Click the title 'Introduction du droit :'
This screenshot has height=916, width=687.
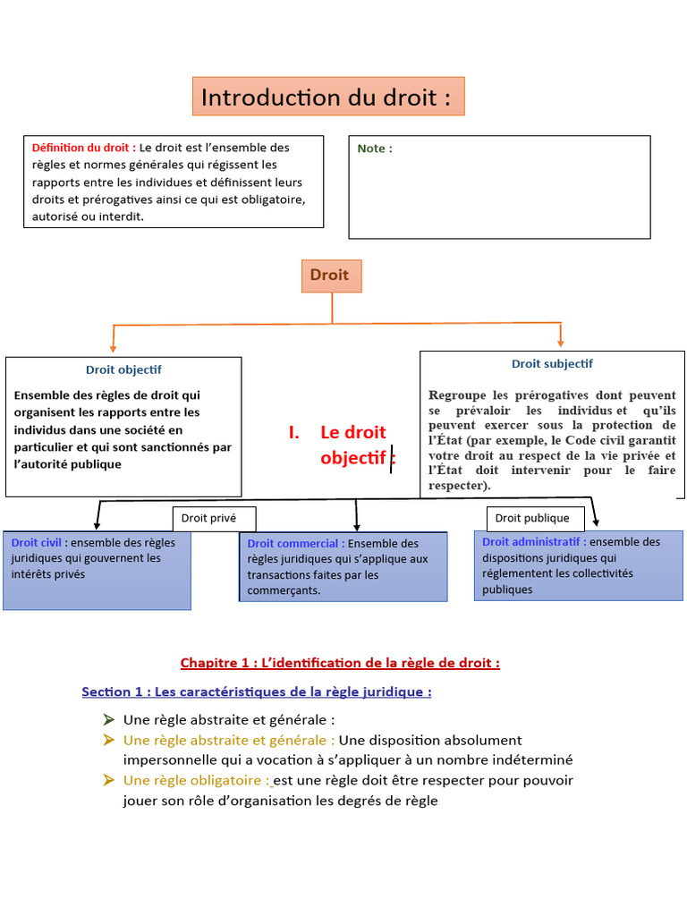(x=327, y=98)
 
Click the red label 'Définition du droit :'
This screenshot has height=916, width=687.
(x=84, y=148)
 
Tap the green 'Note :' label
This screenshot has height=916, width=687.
(x=375, y=148)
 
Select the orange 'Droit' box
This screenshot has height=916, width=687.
(x=330, y=276)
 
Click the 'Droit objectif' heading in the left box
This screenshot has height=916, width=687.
(x=123, y=369)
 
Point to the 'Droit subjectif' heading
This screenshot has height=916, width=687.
(x=552, y=363)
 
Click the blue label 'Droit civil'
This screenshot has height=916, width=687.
(x=37, y=542)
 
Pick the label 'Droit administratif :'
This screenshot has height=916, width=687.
(x=534, y=541)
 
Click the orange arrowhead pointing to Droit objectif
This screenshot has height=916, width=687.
(x=113, y=347)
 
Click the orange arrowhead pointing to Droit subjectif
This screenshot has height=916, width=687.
(x=561, y=341)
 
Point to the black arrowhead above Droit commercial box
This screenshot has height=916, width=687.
(x=357, y=527)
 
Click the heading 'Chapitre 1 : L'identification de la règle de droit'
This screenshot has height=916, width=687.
(x=340, y=663)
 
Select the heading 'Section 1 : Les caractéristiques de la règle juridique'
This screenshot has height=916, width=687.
(x=257, y=691)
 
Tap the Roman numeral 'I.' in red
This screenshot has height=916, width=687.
(x=294, y=433)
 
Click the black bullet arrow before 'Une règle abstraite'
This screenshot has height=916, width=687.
(x=108, y=719)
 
